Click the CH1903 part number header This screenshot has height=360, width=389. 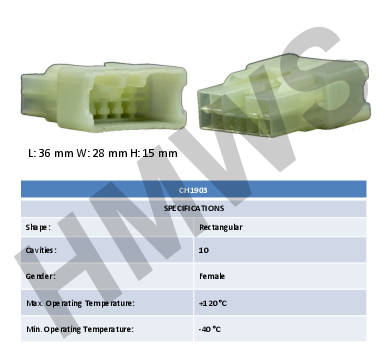(193, 190)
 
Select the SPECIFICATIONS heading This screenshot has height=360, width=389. (194, 209)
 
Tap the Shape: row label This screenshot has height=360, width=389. (38, 228)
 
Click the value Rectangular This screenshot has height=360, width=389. (221, 227)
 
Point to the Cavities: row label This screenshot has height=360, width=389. (41, 250)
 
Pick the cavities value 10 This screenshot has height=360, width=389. (204, 250)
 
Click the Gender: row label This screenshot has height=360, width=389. (41, 276)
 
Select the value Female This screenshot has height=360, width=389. (212, 276)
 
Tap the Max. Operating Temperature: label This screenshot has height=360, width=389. (80, 304)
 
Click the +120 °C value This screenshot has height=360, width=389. (213, 303)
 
